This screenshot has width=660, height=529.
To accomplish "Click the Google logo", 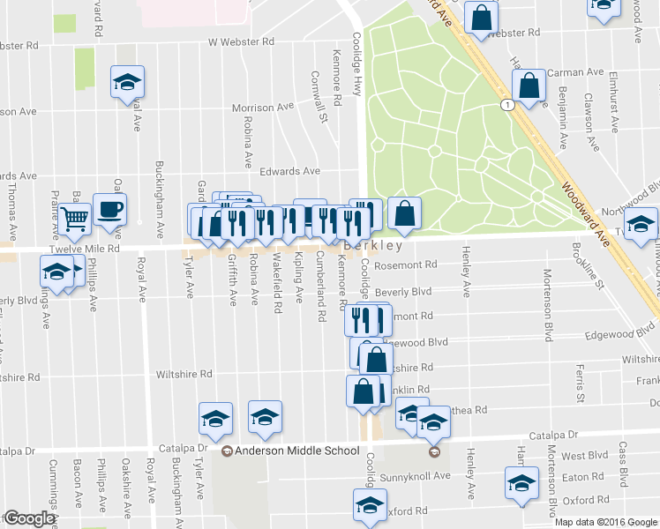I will pos(30,518).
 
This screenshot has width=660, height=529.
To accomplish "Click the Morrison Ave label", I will pos(262,108).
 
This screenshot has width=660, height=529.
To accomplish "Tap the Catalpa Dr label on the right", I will pos(552,436).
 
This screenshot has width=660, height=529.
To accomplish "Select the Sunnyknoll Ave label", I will pos(416,475).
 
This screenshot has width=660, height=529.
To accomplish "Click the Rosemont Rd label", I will pos(406,264).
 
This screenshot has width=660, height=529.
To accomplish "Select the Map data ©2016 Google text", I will pos(605,522).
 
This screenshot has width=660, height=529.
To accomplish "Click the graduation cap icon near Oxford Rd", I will pos(369,505).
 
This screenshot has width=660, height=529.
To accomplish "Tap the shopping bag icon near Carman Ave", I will pos(528,88).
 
